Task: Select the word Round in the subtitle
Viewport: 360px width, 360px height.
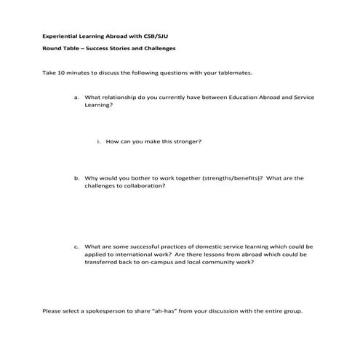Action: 52,49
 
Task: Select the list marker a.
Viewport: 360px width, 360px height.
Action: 76,97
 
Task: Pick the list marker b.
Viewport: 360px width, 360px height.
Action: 76,177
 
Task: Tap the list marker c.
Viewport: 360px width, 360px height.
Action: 76,247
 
